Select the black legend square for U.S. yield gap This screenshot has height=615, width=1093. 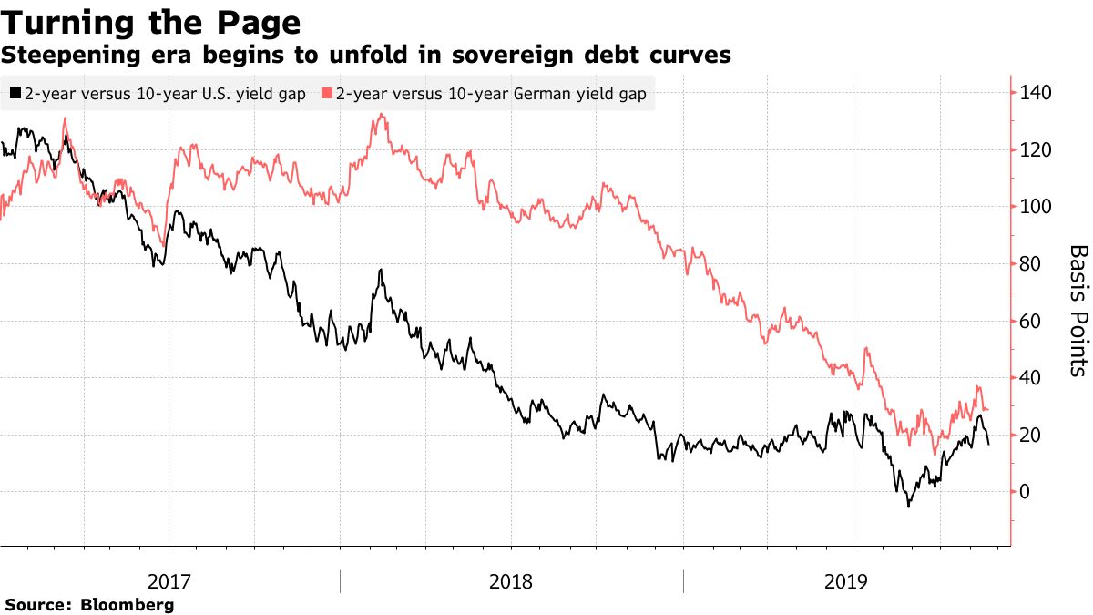(x=15, y=94)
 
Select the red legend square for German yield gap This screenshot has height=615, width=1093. (x=327, y=94)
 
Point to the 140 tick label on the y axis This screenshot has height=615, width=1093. (x=1037, y=93)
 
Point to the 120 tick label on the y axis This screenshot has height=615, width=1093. (x=1037, y=150)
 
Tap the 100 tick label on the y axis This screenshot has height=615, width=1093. (x=1037, y=207)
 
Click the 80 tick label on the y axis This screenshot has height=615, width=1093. (x=1031, y=264)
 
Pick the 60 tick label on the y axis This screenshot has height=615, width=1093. (x=1031, y=321)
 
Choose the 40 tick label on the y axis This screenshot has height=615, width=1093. (x=1031, y=378)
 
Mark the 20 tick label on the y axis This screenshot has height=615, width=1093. (x=1031, y=435)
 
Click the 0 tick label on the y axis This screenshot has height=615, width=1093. (x=1027, y=492)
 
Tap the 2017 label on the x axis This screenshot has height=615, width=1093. (x=169, y=581)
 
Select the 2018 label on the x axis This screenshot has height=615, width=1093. (x=511, y=581)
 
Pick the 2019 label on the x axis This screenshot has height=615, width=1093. (x=853, y=581)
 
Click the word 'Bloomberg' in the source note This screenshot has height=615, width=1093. (x=128, y=605)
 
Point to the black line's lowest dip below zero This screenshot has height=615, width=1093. (x=907, y=506)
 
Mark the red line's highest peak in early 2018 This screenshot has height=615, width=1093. (x=380, y=115)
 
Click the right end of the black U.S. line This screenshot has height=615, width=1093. (x=989, y=444)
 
